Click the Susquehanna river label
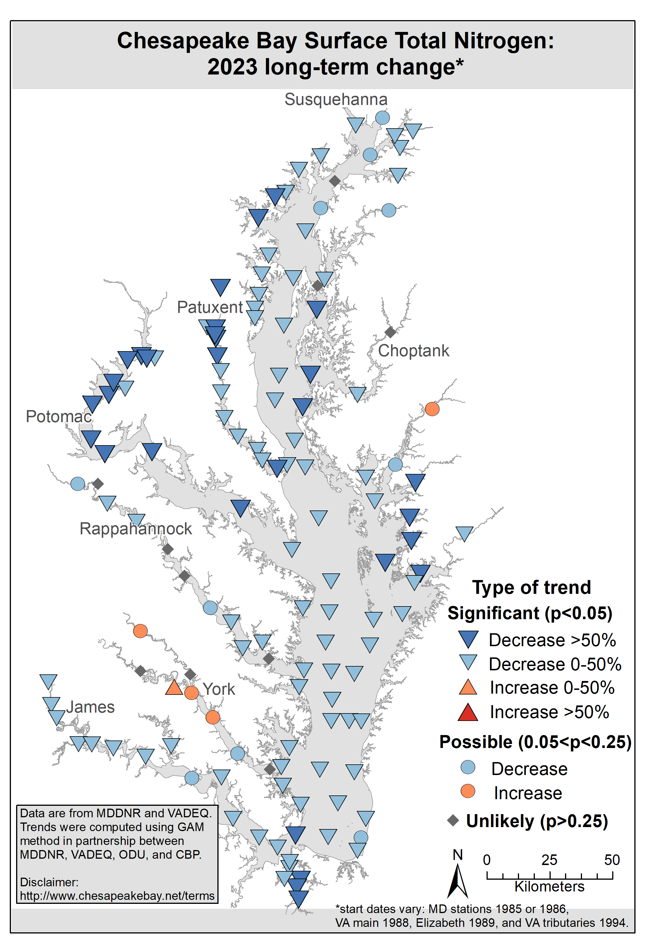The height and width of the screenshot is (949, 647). [336, 100]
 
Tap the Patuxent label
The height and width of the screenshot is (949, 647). [210, 307]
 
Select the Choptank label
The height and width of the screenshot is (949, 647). [413, 351]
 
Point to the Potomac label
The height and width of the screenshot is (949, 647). [59, 416]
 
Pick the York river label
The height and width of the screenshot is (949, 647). [219, 689]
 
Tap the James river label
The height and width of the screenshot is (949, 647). [90, 707]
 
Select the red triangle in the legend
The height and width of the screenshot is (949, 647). [468, 713]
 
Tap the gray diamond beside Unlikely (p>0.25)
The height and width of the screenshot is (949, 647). [453, 820]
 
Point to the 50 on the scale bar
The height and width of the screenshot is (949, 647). [612, 860]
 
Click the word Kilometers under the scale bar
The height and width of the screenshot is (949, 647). [550, 887]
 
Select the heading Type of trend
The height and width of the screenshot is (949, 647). [531, 588]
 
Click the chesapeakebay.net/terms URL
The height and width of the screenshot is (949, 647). [117, 896]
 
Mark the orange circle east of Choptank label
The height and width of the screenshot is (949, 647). [432, 409]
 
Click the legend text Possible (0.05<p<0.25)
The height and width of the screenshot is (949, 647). [535, 742]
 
